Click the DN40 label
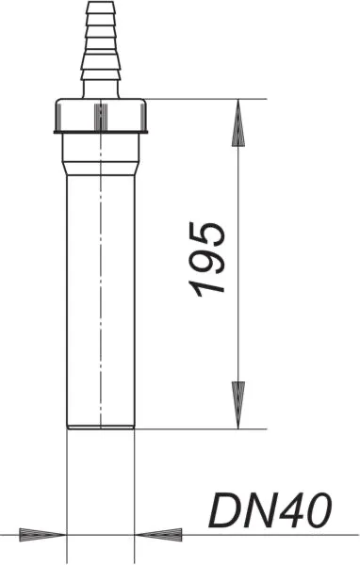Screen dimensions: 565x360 tap(270, 511)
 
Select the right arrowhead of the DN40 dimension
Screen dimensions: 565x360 tap(156, 534)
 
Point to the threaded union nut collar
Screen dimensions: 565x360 tap(100, 116)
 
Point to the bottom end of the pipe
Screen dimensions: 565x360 tap(100, 425)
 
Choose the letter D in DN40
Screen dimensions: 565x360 tap(224, 511)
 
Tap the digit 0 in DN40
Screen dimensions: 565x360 tap(318, 511)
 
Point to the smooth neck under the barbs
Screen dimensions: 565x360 tap(100, 88)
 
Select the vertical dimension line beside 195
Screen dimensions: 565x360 tap(239, 188)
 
